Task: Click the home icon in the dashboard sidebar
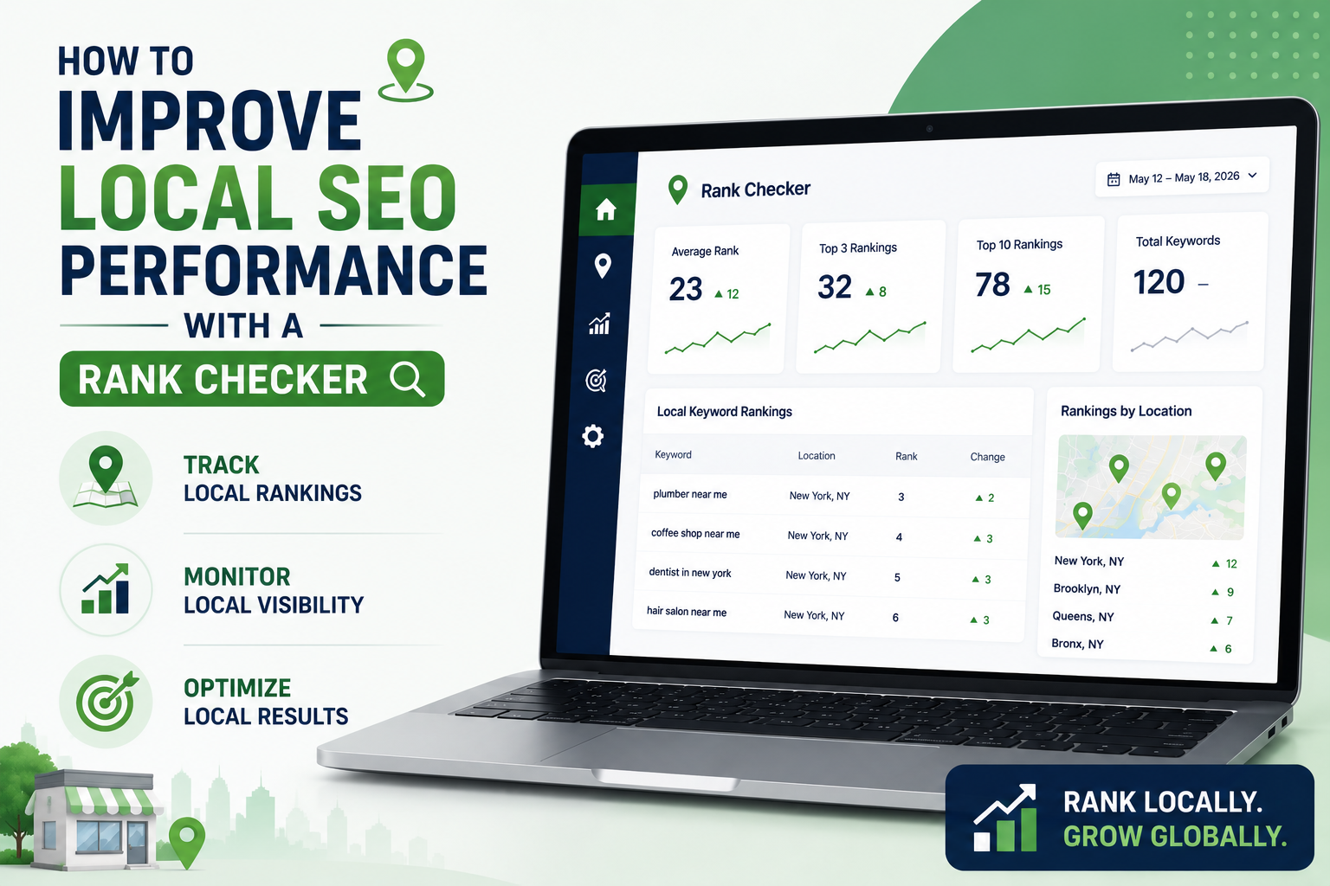coord(605,209)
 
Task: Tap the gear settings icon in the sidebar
coord(592,436)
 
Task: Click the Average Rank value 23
coord(686,289)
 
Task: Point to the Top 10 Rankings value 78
coord(992,285)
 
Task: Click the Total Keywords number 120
coord(1159,282)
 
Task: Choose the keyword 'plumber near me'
coord(690,494)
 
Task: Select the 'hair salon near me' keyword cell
coord(687,611)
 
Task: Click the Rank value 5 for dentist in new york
coord(897,577)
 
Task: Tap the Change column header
coord(987,457)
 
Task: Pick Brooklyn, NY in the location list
coord(1087,588)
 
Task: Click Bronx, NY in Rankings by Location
coord(1077,644)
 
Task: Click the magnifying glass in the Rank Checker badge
coord(407,379)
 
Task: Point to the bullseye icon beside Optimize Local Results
coord(107,701)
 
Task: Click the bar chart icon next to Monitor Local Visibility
coord(106,588)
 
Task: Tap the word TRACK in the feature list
coord(221,465)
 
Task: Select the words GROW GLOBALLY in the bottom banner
coord(1174,837)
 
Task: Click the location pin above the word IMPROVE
coord(405,70)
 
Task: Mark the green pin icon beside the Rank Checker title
coord(678,189)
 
